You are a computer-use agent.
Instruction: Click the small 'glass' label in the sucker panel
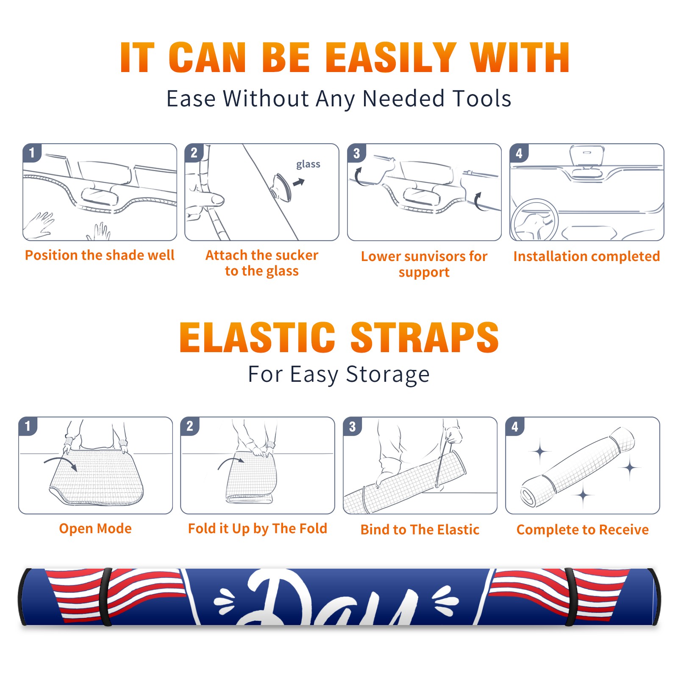[x=308, y=164]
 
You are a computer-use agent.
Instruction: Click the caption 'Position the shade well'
[x=100, y=255]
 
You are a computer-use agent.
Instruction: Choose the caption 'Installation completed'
[x=586, y=256]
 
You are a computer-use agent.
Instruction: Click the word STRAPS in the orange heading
[x=425, y=337]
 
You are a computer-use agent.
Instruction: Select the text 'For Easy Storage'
[x=339, y=375]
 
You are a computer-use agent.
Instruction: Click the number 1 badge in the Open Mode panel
[x=28, y=426]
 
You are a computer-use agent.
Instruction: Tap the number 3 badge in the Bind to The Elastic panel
[x=353, y=426]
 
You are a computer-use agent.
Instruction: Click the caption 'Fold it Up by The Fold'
[x=258, y=528]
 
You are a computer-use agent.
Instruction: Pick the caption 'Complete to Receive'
[x=583, y=530]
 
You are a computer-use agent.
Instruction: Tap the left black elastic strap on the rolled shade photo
[x=106, y=597]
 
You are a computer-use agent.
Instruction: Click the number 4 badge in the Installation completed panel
[x=519, y=153]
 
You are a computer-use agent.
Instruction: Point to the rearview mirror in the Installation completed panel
[x=587, y=156]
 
